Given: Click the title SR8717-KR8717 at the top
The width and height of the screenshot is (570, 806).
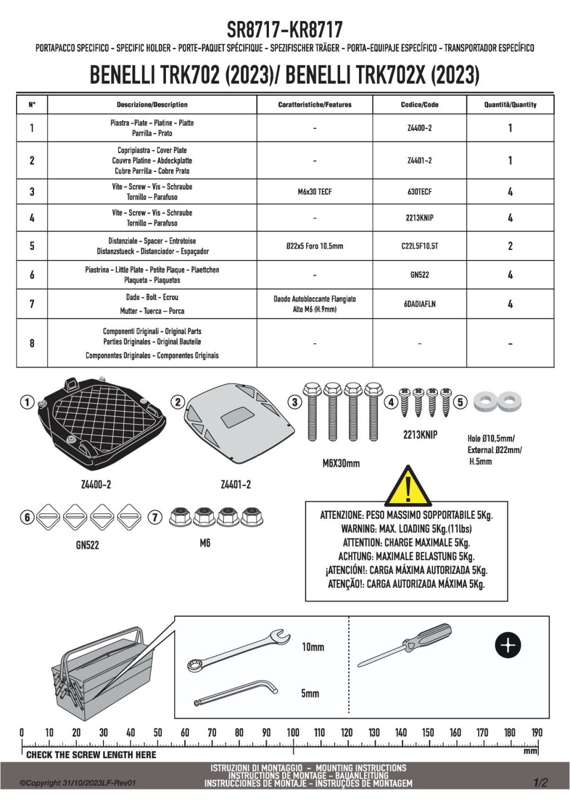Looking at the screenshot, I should tap(284, 29).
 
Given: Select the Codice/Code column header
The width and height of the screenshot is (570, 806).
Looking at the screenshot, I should tap(419, 105).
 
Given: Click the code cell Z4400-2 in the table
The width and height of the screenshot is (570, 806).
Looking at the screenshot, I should tap(419, 128).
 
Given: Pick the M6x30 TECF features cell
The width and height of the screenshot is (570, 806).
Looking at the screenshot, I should tap(315, 191).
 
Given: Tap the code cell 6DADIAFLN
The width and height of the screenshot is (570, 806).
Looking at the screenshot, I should tap(419, 304).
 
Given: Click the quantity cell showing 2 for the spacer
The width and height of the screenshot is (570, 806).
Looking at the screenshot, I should tap(510, 246).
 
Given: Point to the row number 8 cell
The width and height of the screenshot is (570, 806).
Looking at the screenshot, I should tap(32, 343).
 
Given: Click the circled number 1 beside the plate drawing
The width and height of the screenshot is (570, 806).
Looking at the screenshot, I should tap(27, 401).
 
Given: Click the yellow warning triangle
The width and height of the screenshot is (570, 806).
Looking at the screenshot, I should tap(408, 485).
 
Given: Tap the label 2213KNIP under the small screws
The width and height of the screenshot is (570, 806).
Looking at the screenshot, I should tap(420, 435).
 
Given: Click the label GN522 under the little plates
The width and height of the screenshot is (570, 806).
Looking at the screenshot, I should tap(87, 545).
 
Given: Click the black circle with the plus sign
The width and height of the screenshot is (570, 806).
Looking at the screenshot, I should tap(508, 645).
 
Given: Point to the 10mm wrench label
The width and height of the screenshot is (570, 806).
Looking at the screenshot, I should tap(313, 647).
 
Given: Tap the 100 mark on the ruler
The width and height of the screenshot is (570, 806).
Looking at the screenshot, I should tap(293, 733).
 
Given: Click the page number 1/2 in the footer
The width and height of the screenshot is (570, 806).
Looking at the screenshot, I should tap(540, 783).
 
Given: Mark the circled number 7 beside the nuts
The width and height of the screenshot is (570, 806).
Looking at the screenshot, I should tap(155, 517).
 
